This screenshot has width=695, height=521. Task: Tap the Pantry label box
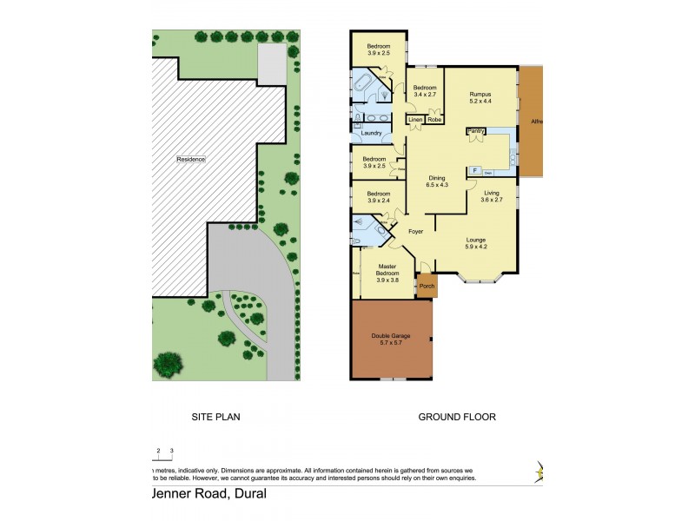[x=475, y=130]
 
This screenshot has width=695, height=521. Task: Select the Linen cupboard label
[x=415, y=119]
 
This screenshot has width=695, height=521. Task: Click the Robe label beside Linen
[x=434, y=119]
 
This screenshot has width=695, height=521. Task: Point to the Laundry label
[x=372, y=133]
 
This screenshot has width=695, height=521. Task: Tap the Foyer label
[x=414, y=232]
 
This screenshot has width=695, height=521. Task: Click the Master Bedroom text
[x=387, y=268]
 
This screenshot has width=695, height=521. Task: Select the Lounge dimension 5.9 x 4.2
[x=475, y=247]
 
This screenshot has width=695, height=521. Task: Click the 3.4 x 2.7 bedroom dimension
[x=425, y=95]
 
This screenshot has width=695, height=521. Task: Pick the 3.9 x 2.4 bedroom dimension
[x=375, y=201]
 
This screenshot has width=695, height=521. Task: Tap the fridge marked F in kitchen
[x=475, y=170]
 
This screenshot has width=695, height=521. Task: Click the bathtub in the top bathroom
[x=362, y=83]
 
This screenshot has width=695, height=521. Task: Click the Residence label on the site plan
[x=191, y=159]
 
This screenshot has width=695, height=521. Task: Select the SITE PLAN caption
[x=215, y=417]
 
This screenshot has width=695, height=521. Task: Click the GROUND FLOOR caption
[x=457, y=417]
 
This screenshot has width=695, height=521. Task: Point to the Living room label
[x=492, y=193]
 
